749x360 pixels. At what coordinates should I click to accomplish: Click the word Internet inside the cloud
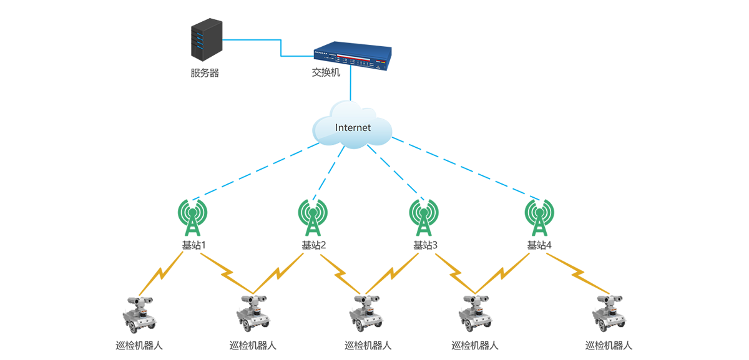pyautogui.click(x=353, y=128)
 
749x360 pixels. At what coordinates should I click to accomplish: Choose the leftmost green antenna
pyautogui.click(x=193, y=215)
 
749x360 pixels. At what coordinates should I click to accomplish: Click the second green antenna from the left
pyautogui.click(x=311, y=215)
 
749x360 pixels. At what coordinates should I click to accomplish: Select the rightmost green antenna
pyautogui.click(x=536, y=215)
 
